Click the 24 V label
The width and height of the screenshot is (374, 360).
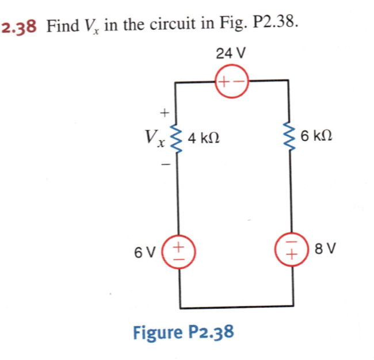click(x=231, y=53)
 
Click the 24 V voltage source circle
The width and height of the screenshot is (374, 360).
click(x=231, y=81)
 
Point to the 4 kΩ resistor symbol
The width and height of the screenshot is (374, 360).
click(x=175, y=138)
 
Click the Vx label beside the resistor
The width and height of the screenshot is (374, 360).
click(x=152, y=138)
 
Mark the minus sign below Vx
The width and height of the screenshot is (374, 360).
click(x=165, y=166)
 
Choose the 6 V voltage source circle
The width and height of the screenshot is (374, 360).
click(x=180, y=251)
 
